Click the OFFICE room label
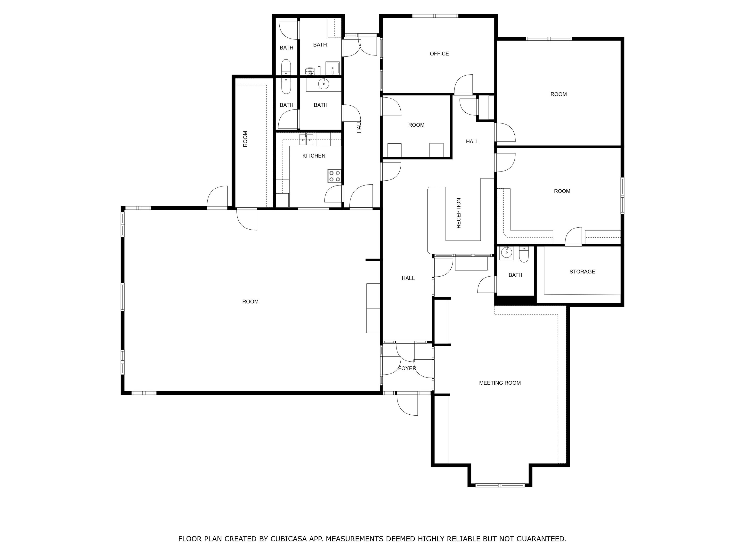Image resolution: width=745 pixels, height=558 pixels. pos(439,54)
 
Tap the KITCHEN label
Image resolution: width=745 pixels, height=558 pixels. pos(314,156)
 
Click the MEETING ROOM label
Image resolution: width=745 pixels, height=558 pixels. pos(500,383)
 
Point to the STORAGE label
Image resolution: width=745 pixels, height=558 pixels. pos(582,271)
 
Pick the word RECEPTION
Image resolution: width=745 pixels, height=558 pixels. pos(458,213)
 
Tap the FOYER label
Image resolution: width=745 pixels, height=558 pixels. pos(407,368)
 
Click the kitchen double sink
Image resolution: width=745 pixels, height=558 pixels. pos(306,139)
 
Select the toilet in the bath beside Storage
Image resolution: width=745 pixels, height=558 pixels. pos(524,255)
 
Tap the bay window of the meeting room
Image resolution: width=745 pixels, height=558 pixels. pos(500,485)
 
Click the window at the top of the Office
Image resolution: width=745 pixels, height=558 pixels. pos(435,16)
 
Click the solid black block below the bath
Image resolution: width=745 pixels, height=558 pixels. pos(515,300)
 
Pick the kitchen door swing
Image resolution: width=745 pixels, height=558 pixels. pos(333,194)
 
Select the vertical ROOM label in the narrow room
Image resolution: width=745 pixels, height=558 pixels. pos(245,139)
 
